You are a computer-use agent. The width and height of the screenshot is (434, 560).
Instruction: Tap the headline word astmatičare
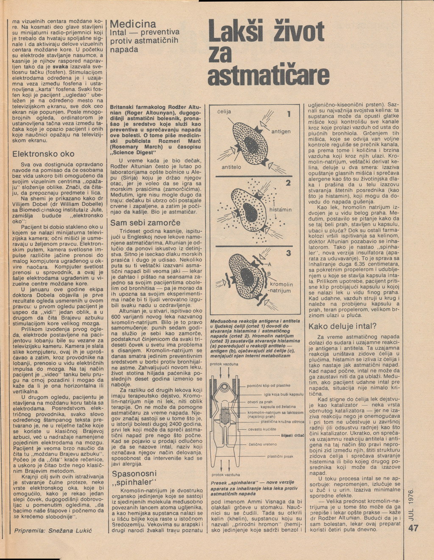click(269, 75)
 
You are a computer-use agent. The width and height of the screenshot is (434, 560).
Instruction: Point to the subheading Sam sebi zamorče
click(145, 223)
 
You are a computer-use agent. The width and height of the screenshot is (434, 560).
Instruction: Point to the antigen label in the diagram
click(281, 131)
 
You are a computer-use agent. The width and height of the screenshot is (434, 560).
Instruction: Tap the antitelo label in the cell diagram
click(231, 167)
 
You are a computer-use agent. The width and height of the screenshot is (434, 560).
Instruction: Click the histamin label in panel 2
click(281, 209)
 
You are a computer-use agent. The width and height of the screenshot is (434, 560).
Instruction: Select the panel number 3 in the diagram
click(288, 253)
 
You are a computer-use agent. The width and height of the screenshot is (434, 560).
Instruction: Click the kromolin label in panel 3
click(281, 284)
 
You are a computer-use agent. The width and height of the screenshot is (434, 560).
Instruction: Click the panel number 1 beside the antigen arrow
click(288, 114)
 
